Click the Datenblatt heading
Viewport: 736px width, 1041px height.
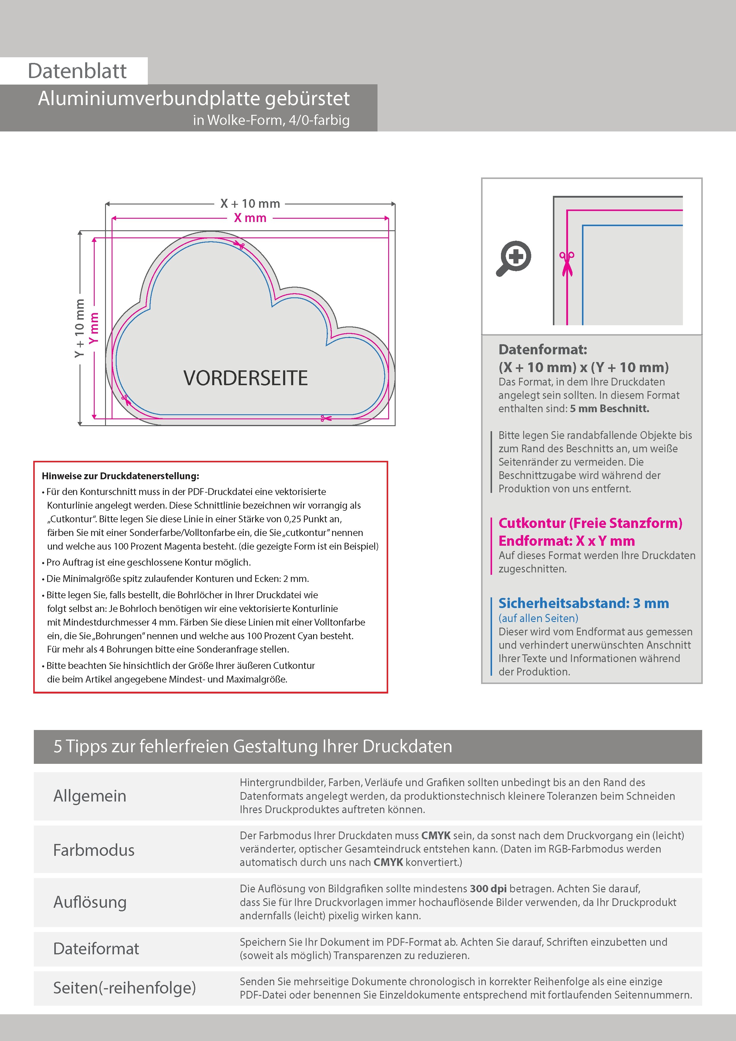point(77,71)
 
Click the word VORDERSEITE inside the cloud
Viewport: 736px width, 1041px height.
point(245,378)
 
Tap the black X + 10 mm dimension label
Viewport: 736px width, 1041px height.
point(250,204)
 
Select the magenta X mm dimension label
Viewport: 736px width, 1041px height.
point(250,218)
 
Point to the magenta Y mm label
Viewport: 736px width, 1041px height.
point(94,328)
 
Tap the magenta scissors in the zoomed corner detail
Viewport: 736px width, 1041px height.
point(567,264)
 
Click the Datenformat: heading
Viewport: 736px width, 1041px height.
point(543,350)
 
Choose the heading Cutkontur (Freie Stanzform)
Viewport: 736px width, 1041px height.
point(590,523)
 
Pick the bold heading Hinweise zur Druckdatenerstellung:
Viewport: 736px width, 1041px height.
point(120,476)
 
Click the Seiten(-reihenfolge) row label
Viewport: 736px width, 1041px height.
point(124,988)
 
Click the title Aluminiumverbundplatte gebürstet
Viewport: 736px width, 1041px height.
point(193,99)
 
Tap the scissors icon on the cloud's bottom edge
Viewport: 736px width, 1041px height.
point(326,418)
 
